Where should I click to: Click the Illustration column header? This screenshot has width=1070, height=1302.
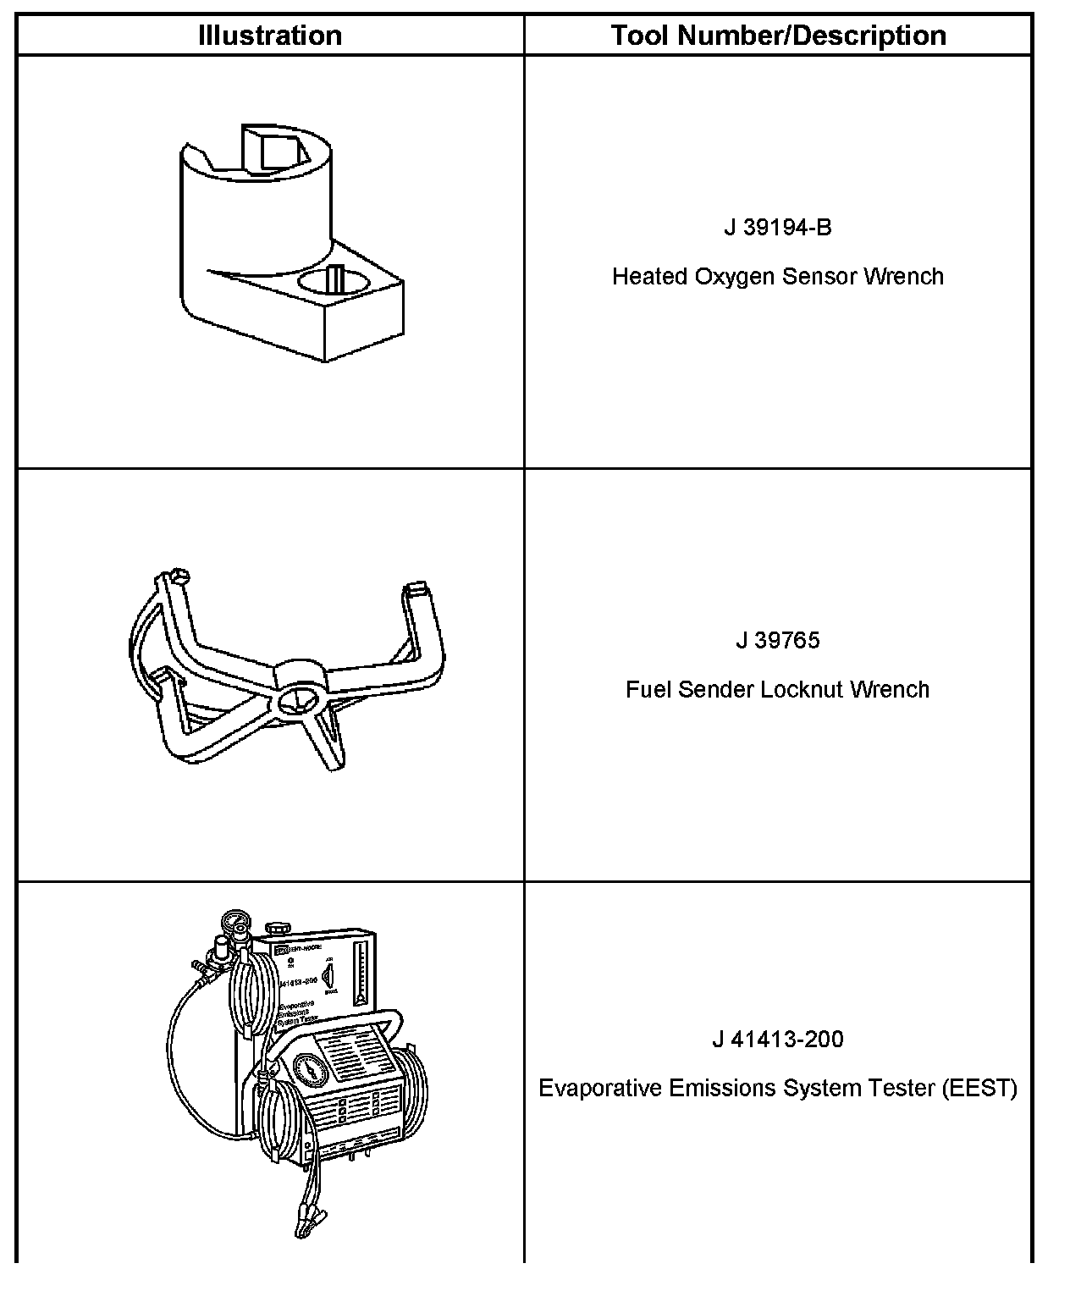(x=270, y=36)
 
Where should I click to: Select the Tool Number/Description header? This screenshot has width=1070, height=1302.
(x=778, y=36)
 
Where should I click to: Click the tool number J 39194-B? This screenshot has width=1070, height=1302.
(x=778, y=228)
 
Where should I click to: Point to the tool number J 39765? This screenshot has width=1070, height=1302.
(x=778, y=640)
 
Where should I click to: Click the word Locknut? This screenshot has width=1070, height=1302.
(x=801, y=689)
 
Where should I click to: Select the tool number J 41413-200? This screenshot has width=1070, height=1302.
(x=778, y=1039)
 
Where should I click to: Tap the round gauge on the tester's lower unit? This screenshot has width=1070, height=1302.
(x=309, y=1070)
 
